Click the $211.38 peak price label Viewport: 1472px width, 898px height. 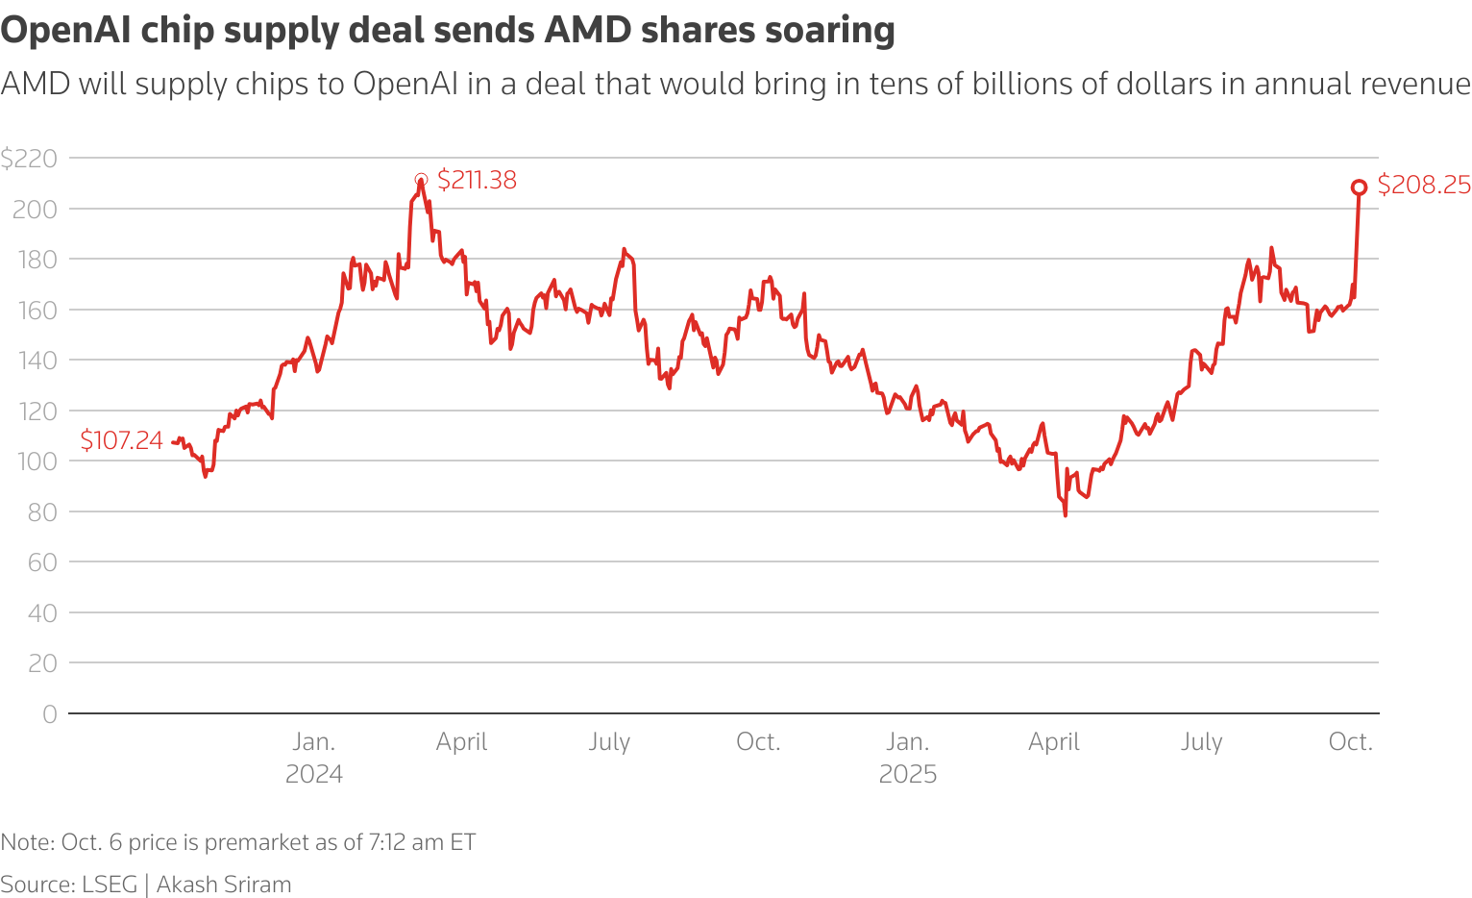pos(477,180)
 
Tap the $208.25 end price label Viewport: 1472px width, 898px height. pos(1423,185)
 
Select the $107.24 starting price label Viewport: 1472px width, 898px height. pos(121,440)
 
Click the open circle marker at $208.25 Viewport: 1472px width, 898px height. pos(1359,187)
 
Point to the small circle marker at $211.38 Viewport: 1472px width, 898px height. pos(421,180)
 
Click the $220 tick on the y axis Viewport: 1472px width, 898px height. pos(29,159)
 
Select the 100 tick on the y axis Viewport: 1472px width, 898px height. pos(35,461)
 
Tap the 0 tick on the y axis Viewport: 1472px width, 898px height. pos(49,714)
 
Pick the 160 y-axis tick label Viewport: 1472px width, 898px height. pos(35,311)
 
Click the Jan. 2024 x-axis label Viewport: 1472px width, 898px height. pos(314,758)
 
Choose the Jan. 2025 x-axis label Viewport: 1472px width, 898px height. pos(907,758)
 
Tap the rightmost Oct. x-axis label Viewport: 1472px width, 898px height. pos(1350,742)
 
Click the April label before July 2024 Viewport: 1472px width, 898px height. pos(461,742)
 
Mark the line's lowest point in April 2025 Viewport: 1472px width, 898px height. pos(1065,515)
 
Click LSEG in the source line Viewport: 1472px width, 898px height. pos(109,885)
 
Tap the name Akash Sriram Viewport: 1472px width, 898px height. pos(224,885)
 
